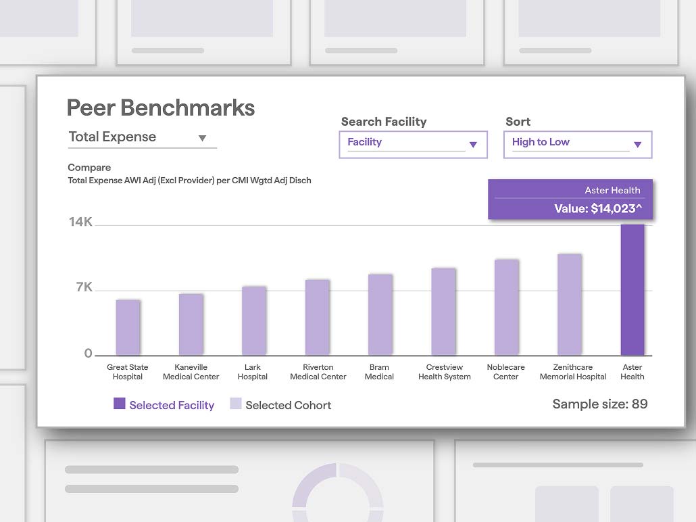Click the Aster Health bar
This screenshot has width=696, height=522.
632,289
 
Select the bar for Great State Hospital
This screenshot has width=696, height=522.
128,327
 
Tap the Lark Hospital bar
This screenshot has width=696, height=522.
254,321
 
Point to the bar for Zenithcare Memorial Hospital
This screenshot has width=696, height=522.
570,305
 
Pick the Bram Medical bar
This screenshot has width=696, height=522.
380,315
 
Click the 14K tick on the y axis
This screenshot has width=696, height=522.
80,222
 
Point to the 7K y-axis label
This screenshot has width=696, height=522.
84,287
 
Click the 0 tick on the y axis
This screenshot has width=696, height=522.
89,353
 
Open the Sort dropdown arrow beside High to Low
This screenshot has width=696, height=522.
638,145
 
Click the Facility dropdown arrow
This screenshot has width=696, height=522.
473,145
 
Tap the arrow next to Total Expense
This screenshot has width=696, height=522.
203,138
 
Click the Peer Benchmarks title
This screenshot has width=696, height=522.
161,108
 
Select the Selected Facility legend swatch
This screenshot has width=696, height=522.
120,404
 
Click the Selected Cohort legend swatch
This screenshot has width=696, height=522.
236,404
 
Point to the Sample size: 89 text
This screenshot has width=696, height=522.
600,404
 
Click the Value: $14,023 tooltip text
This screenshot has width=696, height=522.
598,208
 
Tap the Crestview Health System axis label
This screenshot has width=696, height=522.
445,372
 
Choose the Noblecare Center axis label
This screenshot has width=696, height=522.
505,372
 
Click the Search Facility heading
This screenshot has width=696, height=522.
384,122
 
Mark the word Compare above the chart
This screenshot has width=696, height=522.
89,168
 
